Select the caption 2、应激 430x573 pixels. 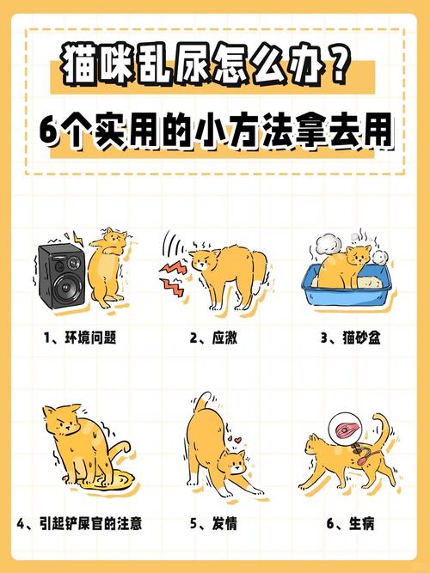coord(214,338)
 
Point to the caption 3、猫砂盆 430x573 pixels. coord(350,338)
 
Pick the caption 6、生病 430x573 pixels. coord(350,522)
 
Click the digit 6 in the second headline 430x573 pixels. coord(51,135)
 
